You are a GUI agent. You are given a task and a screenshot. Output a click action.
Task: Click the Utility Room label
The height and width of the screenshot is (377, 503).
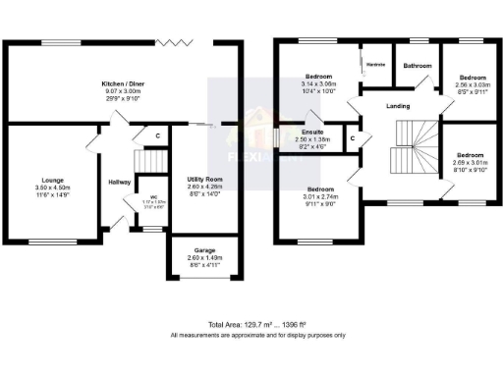205,180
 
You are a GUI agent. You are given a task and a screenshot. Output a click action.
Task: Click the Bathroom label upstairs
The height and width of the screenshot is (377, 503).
418,66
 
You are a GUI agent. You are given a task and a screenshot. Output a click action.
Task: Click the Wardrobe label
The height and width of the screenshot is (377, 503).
374,65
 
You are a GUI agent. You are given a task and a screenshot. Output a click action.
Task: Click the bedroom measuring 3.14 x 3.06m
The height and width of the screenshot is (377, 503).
318,84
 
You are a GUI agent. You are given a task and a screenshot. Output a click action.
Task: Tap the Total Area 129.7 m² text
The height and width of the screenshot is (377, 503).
257,324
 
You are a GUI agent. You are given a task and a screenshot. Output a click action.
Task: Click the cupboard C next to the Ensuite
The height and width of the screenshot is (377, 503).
353,138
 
